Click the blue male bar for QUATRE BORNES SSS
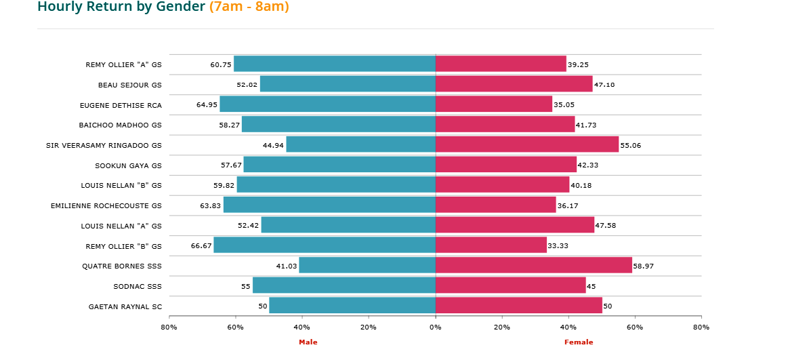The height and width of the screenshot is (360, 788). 367,266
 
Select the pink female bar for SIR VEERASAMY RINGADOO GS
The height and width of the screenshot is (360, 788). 527,144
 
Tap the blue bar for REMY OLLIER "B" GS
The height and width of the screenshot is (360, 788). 325,245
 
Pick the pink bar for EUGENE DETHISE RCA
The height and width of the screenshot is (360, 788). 494,104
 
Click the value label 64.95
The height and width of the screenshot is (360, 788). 207,104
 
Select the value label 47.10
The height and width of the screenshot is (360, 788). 604,85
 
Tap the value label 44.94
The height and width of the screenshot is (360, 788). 273,145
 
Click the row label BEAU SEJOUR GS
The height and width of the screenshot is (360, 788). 130,85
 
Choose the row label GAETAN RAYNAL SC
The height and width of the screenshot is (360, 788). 125,306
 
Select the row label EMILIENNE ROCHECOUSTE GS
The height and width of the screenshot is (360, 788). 106,205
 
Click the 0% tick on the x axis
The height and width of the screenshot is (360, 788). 436,327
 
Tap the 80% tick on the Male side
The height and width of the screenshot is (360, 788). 169,327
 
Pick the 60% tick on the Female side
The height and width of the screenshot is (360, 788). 635,327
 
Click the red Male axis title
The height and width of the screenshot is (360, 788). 308,342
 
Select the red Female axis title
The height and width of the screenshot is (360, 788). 579,342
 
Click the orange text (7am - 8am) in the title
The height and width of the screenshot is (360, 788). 249,7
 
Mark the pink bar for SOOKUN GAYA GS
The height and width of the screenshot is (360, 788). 506,165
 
